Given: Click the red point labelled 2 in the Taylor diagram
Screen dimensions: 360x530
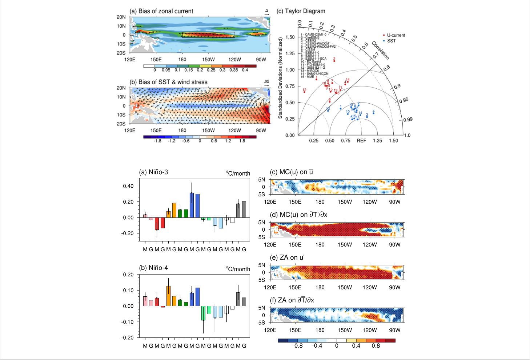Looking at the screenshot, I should (334, 61).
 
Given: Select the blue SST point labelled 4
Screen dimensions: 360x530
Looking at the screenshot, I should (373, 113).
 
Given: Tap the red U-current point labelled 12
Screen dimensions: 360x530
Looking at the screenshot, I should (304, 92).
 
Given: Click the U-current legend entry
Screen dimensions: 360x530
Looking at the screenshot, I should (396, 35).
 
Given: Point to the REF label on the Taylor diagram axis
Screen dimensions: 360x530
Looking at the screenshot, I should (361, 141).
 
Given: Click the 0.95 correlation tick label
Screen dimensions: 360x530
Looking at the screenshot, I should (404, 100).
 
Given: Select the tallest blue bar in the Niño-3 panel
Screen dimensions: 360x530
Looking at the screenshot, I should (192, 205).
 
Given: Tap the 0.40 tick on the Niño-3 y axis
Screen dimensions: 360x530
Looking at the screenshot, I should (128, 186).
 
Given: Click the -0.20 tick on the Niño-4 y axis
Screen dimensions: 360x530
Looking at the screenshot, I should (128, 337).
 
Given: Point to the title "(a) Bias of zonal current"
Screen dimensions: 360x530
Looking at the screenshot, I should (161, 11).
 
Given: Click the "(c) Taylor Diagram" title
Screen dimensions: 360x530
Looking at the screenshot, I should (301, 11).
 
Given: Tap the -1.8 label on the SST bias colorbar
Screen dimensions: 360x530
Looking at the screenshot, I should (157, 141).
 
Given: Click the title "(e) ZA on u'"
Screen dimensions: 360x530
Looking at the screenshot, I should (287, 257).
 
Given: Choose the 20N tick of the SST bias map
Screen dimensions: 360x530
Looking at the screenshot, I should (121, 88).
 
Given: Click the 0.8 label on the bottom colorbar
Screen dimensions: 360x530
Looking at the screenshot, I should (376, 346).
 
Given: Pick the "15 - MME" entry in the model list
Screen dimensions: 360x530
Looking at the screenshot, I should (308, 77).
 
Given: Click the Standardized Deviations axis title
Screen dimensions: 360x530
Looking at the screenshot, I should (280, 78).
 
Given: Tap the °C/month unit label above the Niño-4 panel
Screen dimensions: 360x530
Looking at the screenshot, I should (238, 269).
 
